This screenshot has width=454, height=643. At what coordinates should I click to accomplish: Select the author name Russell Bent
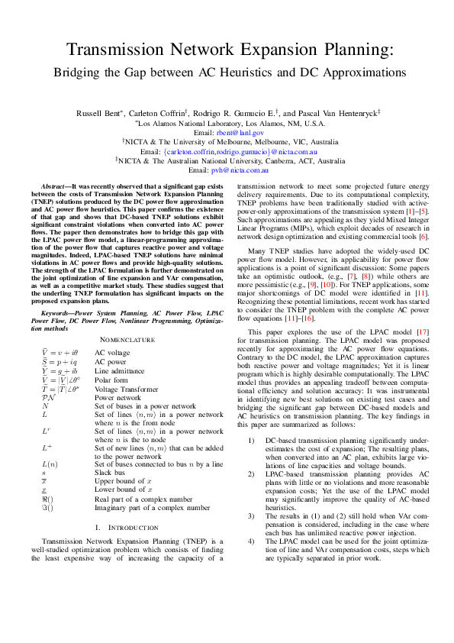pos(98,113)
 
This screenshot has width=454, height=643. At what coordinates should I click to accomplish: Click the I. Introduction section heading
pos(127,528)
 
